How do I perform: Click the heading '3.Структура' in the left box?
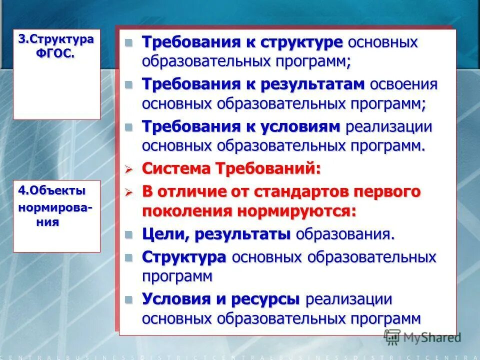coord(56,40)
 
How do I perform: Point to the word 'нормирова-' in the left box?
coord(55,206)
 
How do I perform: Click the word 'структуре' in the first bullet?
coord(301,42)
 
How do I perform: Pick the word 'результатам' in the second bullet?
coord(312,84)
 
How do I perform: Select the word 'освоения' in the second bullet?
coord(403,84)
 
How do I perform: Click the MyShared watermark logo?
coord(423,337)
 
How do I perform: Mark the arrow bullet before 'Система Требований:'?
coord(128,169)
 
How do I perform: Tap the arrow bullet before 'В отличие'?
coord(128,192)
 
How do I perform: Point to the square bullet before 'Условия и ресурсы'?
coord(129,299)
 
